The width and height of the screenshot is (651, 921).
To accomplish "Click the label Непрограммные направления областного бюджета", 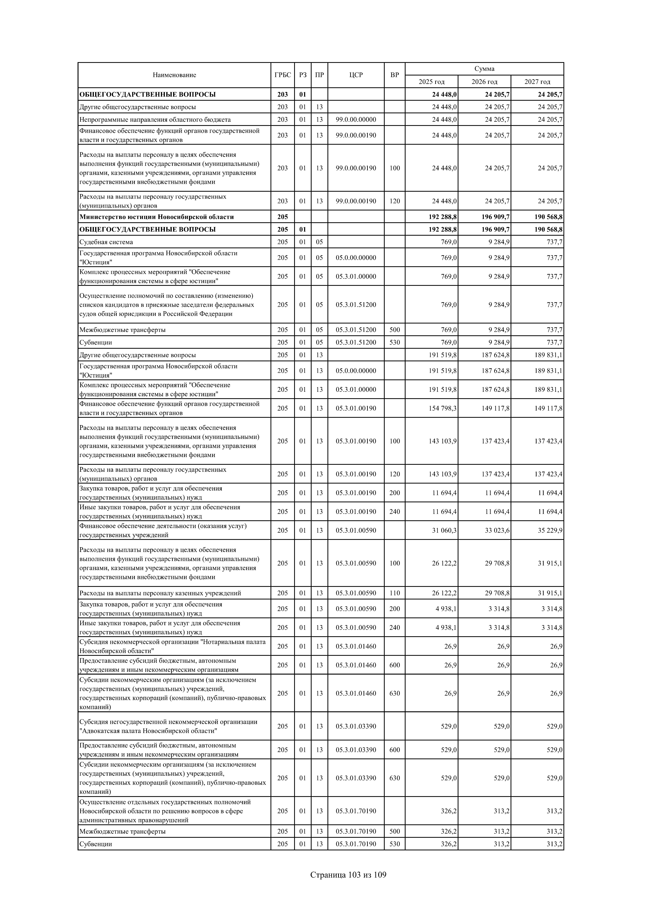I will [x=155, y=119].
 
